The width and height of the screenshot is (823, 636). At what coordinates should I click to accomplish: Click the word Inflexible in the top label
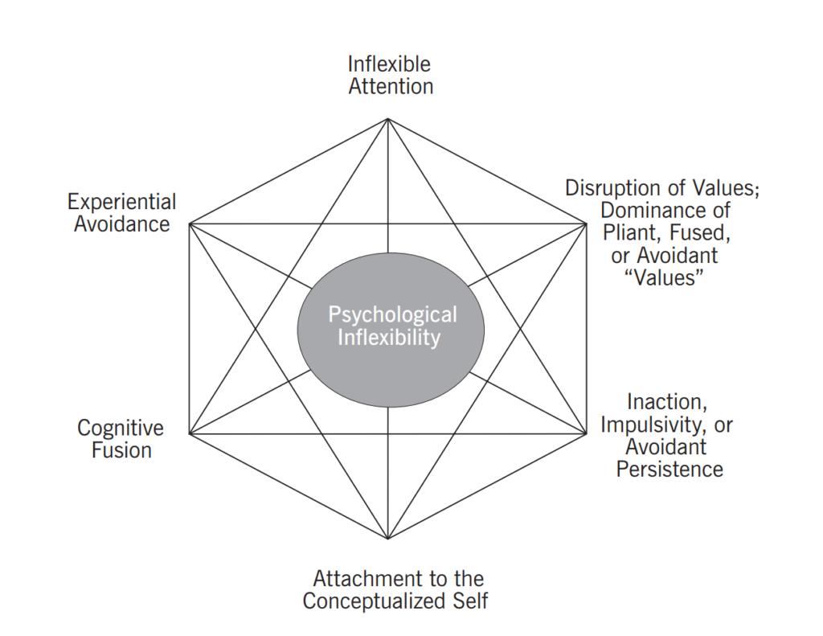pos(390,64)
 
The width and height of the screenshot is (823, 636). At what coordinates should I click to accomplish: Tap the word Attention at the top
pos(391,86)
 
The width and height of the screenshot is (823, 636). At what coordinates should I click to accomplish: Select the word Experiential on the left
pos(121,201)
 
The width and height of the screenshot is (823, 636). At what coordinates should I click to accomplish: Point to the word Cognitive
pos(121,428)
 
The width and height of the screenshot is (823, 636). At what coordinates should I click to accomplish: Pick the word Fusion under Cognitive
pos(121,449)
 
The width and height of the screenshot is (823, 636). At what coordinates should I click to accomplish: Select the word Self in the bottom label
pos(469,601)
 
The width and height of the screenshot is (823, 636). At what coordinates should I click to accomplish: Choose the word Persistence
pos(669,468)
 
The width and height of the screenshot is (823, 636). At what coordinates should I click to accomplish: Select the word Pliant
pos(629,233)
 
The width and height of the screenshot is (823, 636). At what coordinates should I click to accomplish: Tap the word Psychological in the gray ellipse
pos(391,314)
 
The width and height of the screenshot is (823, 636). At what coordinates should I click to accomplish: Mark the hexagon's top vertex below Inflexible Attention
pos(388,119)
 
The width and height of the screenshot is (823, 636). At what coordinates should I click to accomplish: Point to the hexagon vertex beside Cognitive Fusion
pos(189,434)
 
